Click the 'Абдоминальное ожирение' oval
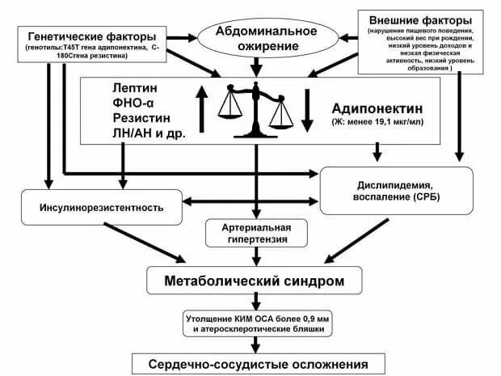[256, 36]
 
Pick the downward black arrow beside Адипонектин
[306, 107]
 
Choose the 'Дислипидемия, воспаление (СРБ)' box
[396, 191]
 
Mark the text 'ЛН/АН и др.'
[150, 135]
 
